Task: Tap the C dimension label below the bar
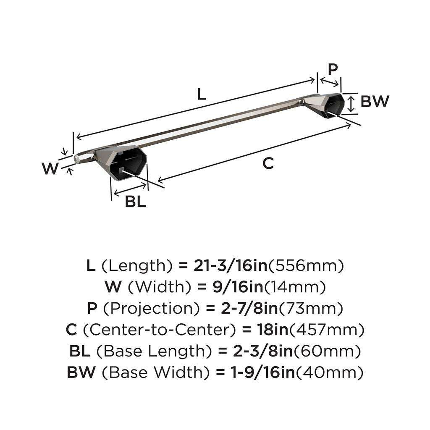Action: point(268,163)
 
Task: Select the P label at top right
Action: point(333,69)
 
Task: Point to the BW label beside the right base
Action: point(375,102)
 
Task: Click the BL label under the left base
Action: point(135,202)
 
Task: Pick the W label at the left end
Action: point(50,169)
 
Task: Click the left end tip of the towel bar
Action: point(77,158)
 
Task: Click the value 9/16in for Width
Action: point(230,287)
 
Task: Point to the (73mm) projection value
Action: point(311,309)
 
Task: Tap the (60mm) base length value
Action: point(327,351)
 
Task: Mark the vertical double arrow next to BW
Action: point(351,103)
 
